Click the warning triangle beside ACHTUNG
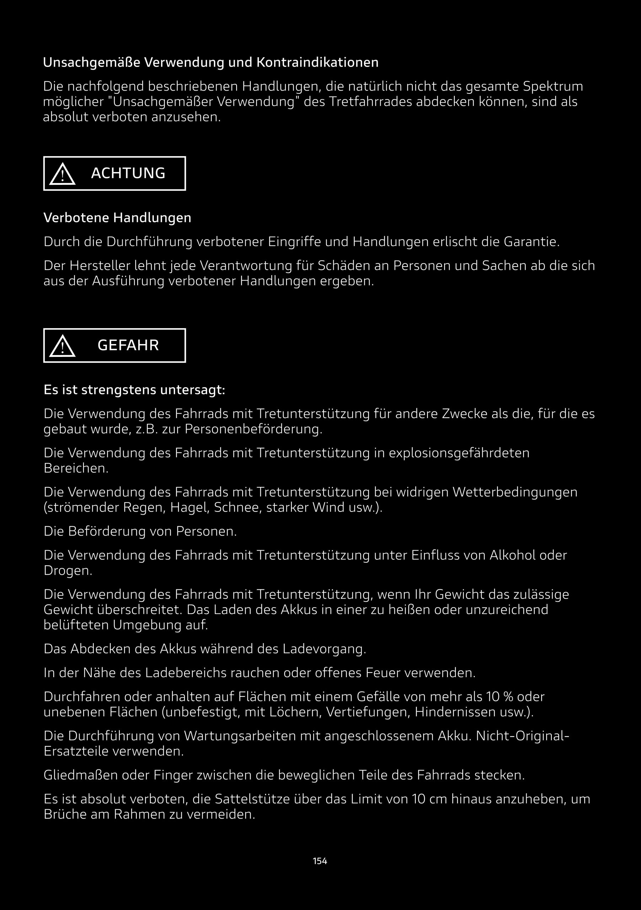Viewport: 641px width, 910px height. click(x=62, y=175)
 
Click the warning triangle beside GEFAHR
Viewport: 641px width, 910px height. click(x=62, y=346)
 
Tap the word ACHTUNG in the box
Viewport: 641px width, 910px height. click(x=128, y=173)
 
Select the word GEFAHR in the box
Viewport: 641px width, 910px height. click(x=128, y=345)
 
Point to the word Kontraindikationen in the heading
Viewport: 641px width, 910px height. click(x=317, y=62)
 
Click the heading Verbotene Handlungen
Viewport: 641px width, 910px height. click(x=117, y=218)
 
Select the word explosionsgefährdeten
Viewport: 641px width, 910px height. click(x=459, y=453)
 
